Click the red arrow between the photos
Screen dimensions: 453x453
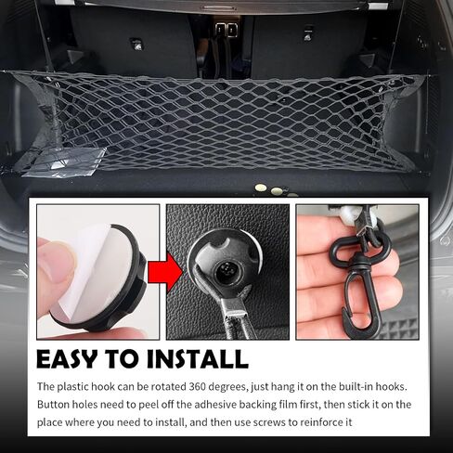(x=165, y=272)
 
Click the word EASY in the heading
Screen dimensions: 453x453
(x=67, y=359)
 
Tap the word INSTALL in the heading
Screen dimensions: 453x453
(x=198, y=359)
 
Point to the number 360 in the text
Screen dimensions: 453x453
(x=197, y=386)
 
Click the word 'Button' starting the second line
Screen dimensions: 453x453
(x=53, y=405)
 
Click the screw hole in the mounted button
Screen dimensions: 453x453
(x=227, y=268)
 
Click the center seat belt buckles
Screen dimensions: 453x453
(x=226, y=30)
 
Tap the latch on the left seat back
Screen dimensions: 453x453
(x=136, y=44)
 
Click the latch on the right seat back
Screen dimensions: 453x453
(x=307, y=33)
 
